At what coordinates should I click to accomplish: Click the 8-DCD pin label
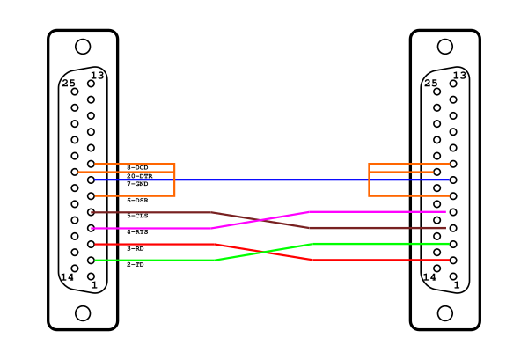coord(137,167)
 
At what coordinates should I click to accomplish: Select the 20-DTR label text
coord(139,176)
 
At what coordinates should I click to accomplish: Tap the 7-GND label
coord(137,184)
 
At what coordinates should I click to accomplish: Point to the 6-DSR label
coord(137,201)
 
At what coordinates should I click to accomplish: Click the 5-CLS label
coord(137,216)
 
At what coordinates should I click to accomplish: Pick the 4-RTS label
coord(137,232)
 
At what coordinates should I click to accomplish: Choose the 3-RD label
coord(136,248)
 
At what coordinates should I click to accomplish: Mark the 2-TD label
coord(136,265)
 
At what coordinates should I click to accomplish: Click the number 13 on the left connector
coord(98,76)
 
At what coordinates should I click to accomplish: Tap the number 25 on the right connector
coord(430,84)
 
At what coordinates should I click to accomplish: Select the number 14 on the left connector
coord(67,277)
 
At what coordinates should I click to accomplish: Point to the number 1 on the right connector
coord(457,285)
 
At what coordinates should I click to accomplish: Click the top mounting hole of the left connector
coord(83,47)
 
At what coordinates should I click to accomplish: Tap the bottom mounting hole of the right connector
coord(445,313)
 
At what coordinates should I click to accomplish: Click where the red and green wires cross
coord(264,252)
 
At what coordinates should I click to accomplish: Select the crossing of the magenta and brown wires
coord(260,220)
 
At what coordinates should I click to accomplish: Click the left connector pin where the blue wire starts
coord(91,180)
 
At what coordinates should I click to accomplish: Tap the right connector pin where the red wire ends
coord(453,260)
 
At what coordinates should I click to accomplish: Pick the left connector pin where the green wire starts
coord(91,261)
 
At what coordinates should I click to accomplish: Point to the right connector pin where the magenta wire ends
coord(453,212)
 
